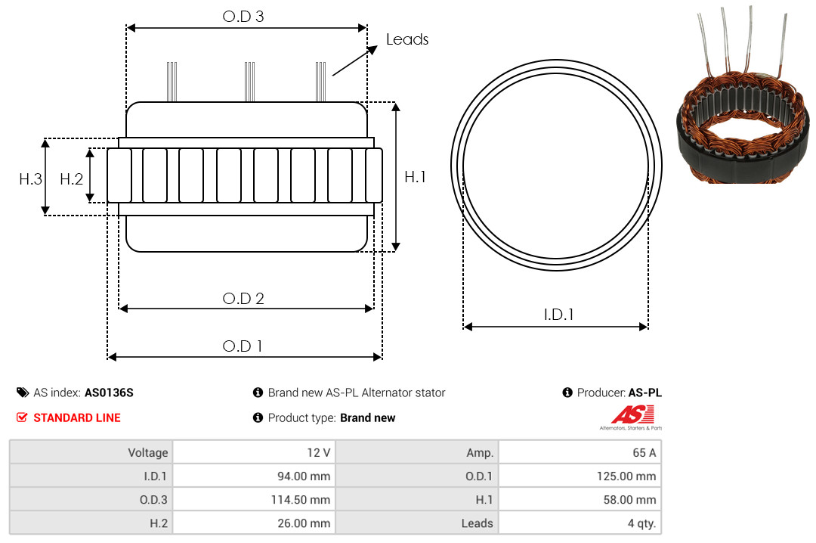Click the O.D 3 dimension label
click(243, 16)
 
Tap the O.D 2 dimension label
click(243, 299)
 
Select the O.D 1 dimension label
click(243, 346)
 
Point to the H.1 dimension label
click(416, 177)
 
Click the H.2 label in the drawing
click(71, 179)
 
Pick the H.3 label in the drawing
click(30, 179)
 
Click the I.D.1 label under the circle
click(558, 315)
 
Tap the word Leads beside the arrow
click(407, 39)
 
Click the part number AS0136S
click(109, 393)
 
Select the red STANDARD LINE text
click(77, 417)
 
